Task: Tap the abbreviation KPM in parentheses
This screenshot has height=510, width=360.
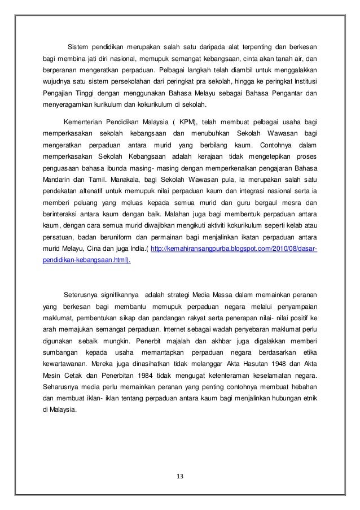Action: click(184, 124)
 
